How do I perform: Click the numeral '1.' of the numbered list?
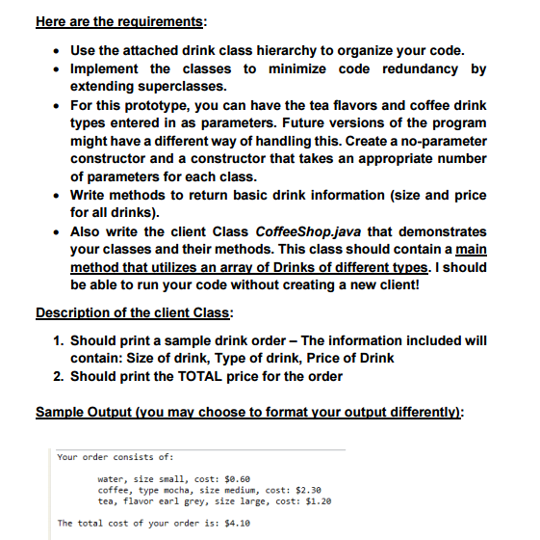61,339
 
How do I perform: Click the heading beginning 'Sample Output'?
250,412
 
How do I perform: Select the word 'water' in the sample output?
112,478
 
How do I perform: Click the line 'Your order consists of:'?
114,456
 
